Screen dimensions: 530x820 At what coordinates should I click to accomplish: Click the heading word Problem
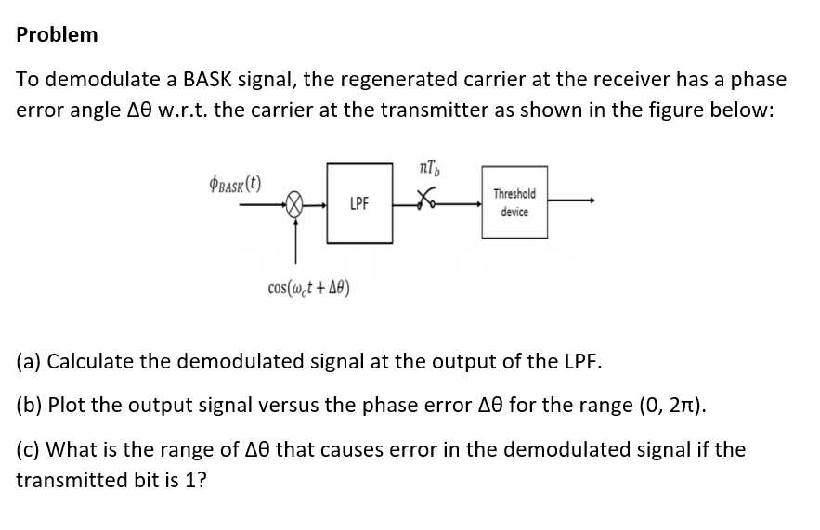click(x=57, y=35)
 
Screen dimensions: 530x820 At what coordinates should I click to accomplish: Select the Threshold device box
click(x=514, y=202)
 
